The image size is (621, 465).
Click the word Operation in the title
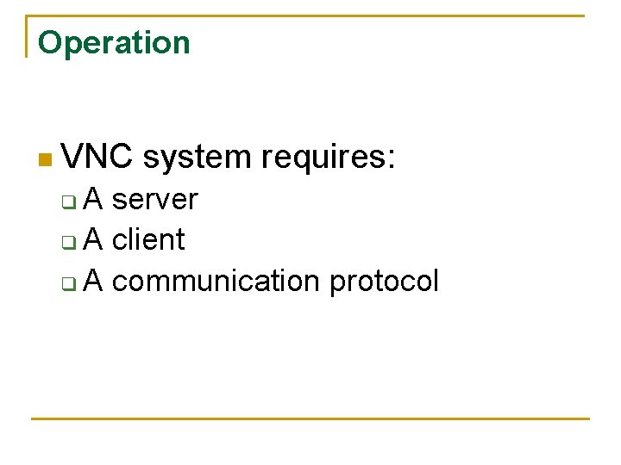(x=114, y=43)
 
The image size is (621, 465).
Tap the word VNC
(x=98, y=158)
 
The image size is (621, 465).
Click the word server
(x=155, y=200)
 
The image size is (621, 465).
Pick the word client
(x=148, y=239)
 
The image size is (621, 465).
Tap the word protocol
(x=384, y=282)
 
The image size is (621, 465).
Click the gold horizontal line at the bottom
(x=310, y=419)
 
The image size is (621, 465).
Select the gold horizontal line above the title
(x=310, y=15)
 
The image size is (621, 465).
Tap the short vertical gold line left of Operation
(x=28, y=36)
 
